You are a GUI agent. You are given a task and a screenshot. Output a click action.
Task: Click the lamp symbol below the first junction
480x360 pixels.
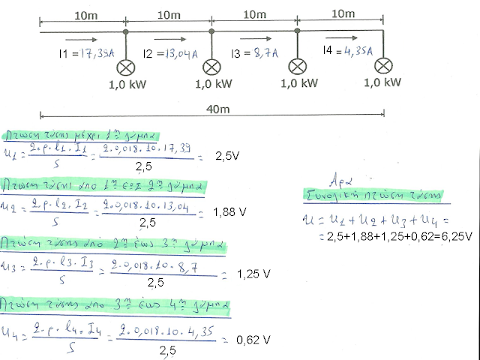(x=125, y=65)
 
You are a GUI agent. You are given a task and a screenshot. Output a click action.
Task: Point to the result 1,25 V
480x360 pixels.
(x=253, y=274)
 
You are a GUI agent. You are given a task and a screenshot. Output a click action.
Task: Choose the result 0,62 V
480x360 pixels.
(x=252, y=340)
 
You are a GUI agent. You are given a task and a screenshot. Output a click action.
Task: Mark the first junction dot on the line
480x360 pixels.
(x=125, y=32)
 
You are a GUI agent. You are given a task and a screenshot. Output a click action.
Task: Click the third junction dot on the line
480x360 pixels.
(x=298, y=32)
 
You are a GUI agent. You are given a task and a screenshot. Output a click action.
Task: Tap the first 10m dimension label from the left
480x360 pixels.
(x=82, y=15)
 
